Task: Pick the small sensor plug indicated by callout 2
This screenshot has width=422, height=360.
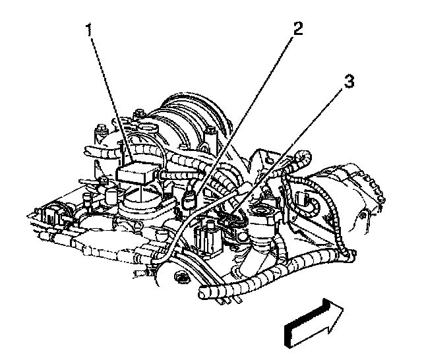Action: [x=191, y=198]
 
